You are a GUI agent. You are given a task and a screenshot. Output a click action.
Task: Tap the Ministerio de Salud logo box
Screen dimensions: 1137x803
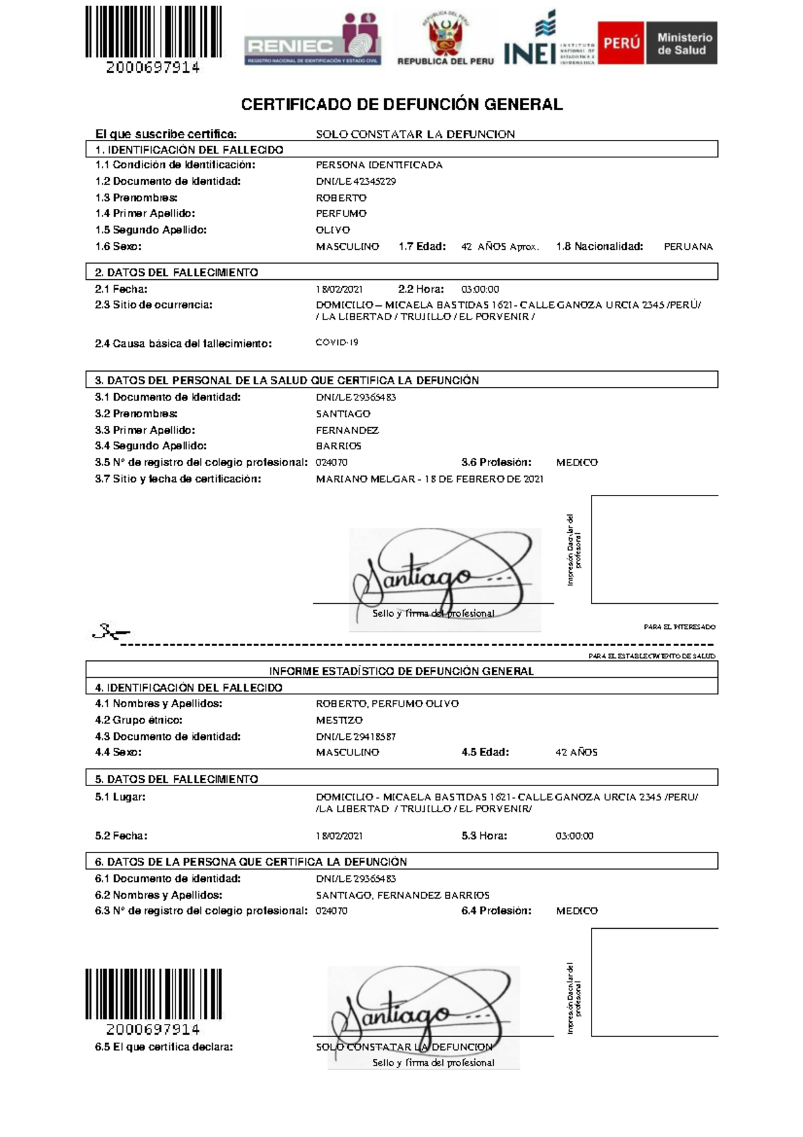[681, 44]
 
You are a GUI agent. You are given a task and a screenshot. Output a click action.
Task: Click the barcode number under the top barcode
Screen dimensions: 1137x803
[153, 68]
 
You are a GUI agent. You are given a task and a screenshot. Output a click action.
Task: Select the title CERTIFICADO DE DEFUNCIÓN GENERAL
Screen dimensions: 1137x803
[401, 104]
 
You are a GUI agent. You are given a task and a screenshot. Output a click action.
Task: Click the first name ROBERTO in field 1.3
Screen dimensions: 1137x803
[341, 198]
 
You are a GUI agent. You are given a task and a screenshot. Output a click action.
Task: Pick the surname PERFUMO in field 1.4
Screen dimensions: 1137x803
[341, 214]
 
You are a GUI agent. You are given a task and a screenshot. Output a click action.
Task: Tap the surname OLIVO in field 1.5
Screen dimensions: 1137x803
[333, 230]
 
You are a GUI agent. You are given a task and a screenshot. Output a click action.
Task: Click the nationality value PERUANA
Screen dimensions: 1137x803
[688, 246]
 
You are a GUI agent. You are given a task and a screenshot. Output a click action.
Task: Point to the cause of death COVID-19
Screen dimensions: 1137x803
[337, 342]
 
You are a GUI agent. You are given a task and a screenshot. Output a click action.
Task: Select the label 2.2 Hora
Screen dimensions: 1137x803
[421, 289]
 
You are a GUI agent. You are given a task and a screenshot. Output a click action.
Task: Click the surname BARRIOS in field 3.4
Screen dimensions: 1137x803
[339, 446]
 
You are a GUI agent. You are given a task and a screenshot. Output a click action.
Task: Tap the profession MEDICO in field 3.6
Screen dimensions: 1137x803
[577, 463]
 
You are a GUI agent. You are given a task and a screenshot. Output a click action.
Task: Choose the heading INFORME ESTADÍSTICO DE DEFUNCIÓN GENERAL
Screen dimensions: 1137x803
[401, 671]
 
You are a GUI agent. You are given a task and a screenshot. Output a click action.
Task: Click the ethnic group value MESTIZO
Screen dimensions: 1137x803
[339, 721]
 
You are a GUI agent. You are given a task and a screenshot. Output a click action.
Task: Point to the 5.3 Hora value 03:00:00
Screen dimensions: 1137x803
[574, 836]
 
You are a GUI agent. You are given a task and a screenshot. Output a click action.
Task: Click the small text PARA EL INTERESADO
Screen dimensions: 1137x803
[679, 627]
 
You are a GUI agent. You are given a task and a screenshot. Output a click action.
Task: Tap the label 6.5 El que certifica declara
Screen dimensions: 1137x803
[164, 1047]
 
